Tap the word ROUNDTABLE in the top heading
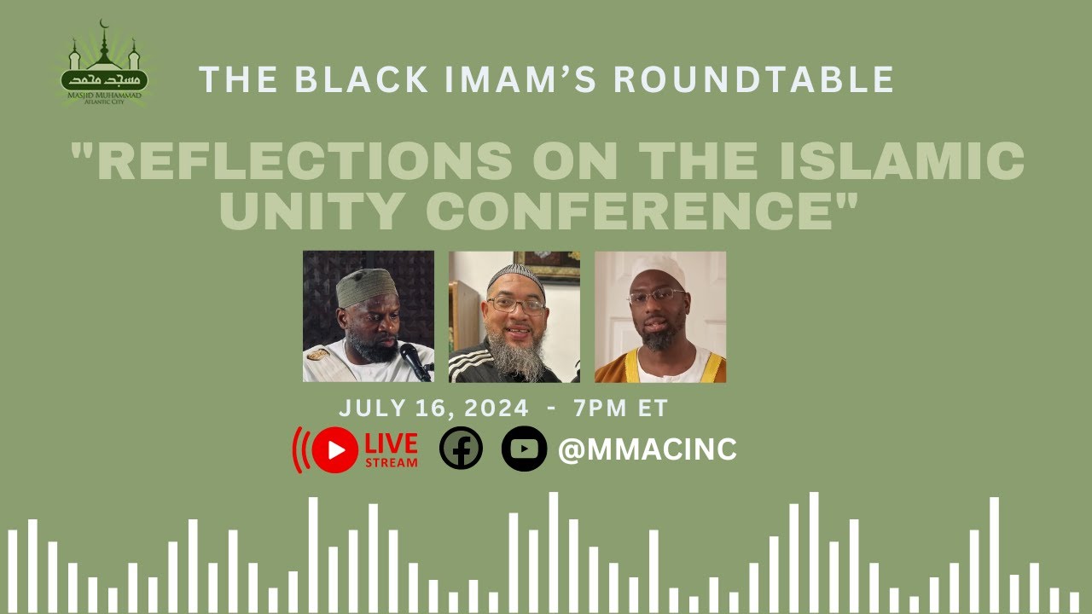click(x=753, y=79)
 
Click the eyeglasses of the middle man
click(x=515, y=305)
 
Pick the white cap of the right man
click(x=659, y=269)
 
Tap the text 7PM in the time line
click(x=597, y=408)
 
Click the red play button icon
click(x=334, y=449)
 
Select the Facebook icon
click(x=461, y=449)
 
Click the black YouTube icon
click(x=524, y=449)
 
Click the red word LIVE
click(x=392, y=443)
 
